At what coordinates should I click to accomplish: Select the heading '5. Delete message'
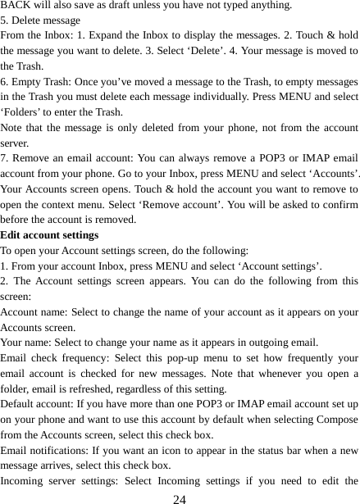pyautogui.click(x=41, y=20)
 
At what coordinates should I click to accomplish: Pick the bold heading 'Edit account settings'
pyautogui.click(x=51, y=236)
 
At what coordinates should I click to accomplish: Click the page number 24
pyautogui.click(x=180, y=497)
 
